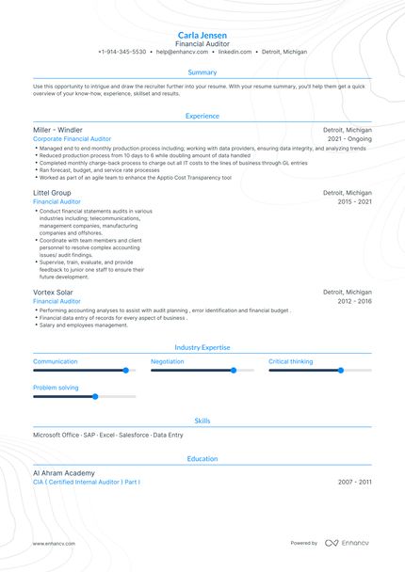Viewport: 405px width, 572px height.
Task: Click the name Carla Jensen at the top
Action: [202, 35]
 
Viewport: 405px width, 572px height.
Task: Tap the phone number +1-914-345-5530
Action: [121, 52]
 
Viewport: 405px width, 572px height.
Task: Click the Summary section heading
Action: [202, 72]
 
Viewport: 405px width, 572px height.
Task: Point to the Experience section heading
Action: [202, 116]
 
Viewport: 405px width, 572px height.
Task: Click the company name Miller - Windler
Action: [57, 130]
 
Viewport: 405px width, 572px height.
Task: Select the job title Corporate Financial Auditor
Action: [72, 138]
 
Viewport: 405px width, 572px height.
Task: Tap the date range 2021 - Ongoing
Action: [349, 138]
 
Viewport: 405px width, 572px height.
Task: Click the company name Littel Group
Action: [52, 192]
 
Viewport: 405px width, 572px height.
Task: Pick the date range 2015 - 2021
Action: [355, 201]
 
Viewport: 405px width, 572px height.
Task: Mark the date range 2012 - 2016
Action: [355, 301]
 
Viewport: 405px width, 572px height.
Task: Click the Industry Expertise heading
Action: [202, 347]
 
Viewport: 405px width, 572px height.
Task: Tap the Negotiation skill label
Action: [168, 361]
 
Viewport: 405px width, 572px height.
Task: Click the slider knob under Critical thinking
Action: [341, 371]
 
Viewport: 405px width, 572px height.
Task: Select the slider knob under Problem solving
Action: [95, 396]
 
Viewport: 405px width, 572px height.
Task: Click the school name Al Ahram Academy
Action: [63, 472]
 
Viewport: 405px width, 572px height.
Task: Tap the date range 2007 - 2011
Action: [355, 482]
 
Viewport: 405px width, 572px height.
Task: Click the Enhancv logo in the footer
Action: [348, 543]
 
